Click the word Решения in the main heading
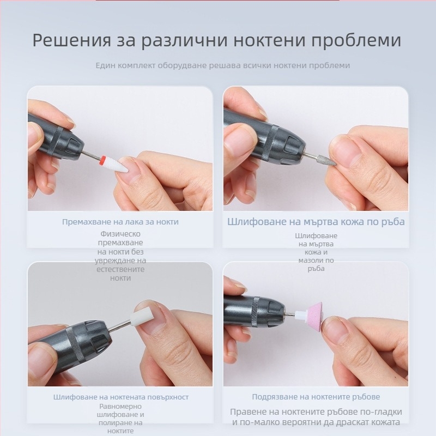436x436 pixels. [72, 40]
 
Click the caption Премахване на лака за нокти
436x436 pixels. [120, 222]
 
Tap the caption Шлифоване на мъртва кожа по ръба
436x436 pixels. [316, 222]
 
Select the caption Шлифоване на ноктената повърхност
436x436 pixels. [120, 397]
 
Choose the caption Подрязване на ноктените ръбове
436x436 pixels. [316, 397]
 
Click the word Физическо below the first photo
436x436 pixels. [120, 234]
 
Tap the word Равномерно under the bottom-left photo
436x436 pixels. [120, 406]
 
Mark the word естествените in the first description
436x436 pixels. [120, 269]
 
